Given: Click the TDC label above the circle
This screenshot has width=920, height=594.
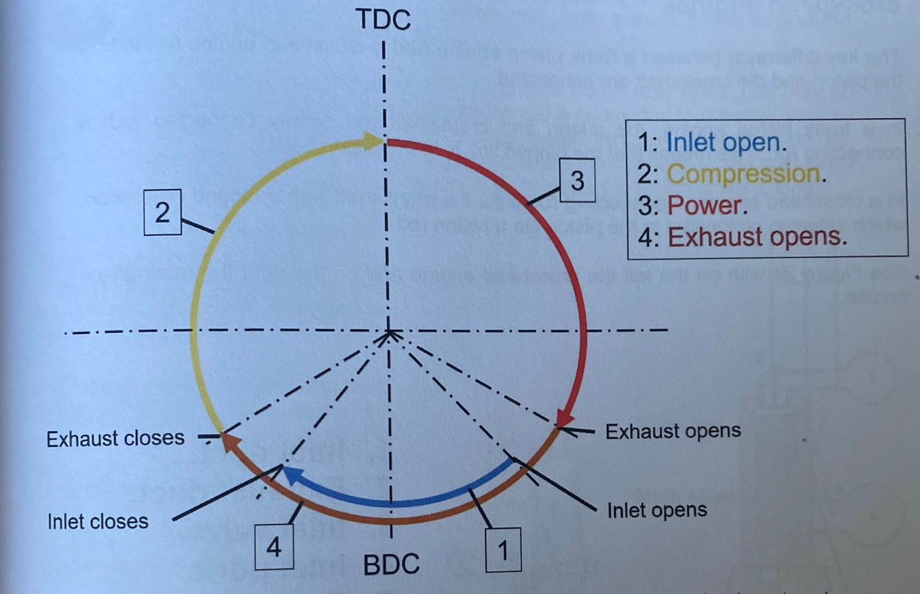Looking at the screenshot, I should pyautogui.click(x=383, y=20).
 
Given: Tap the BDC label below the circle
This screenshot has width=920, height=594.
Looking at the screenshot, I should pyautogui.click(x=392, y=565).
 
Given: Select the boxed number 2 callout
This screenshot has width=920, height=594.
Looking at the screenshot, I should pyautogui.click(x=162, y=212).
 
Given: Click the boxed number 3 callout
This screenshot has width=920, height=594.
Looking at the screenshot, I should pyautogui.click(x=577, y=181).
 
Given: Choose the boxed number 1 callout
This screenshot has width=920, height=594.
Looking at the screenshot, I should pyautogui.click(x=503, y=551).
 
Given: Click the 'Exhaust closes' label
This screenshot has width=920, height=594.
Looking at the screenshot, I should pyautogui.click(x=115, y=438).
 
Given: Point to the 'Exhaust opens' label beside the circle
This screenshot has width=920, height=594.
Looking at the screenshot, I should pyautogui.click(x=672, y=432).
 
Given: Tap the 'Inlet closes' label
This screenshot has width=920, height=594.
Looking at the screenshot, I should pyautogui.click(x=98, y=521).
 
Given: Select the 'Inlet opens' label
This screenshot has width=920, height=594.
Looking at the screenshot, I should pyautogui.click(x=657, y=511).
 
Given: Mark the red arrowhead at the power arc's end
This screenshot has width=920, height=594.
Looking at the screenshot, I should pyautogui.click(x=566, y=417).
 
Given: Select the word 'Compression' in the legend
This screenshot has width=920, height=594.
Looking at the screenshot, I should pyautogui.click(x=744, y=174).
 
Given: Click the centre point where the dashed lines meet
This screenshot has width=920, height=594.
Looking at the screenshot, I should pyautogui.click(x=390, y=333).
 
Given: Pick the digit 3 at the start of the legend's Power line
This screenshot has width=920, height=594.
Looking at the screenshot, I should pyautogui.click(x=646, y=206).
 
